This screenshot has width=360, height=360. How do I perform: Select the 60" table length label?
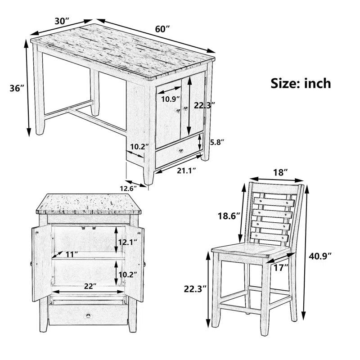click(162, 29)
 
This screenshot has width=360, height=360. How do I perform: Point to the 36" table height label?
click(17, 89)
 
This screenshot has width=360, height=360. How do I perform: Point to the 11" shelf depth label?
click(71, 254)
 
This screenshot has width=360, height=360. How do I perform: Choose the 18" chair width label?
click(280, 172)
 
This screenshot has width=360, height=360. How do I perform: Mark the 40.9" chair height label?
click(321, 256)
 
